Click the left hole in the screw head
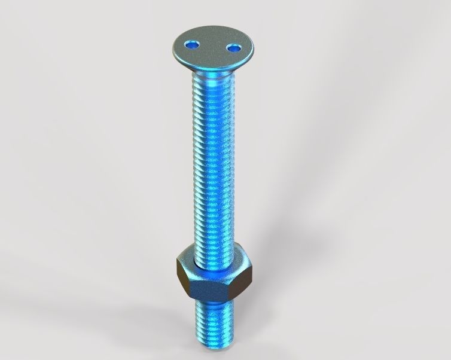click(x=192, y=44)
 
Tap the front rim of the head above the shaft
click(x=213, y=67)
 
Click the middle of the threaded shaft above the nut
click(x=213, y=167)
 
